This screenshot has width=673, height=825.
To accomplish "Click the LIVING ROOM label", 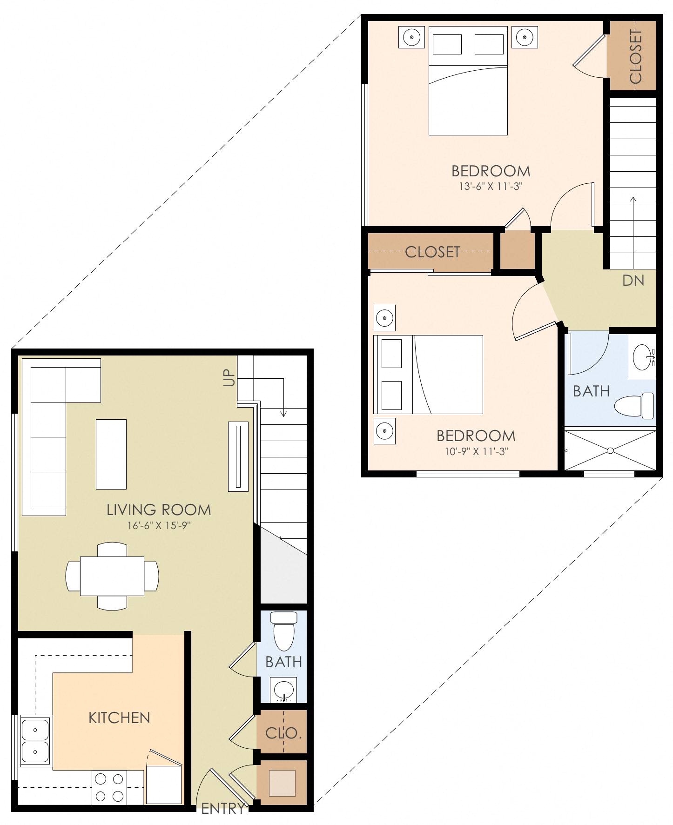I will [159, 510].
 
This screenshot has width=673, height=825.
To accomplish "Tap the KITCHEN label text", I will [119, 718].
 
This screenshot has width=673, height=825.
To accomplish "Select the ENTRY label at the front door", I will [222, 809].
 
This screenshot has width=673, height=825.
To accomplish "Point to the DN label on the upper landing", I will [633, 280].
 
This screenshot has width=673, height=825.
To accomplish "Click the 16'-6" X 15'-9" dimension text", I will [158, 526].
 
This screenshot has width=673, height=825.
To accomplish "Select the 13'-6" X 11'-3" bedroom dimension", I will [491, 187].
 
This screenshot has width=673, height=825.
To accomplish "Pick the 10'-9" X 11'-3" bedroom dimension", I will [476, 451].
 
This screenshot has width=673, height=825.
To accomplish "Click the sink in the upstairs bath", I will [643, 357].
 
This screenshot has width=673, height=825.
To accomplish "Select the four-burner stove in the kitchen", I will [110, 787].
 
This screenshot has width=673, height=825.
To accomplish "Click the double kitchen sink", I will [35, 741].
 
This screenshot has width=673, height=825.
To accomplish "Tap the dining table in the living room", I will [112, 576].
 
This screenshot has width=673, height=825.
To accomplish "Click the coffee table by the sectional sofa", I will [111, 454].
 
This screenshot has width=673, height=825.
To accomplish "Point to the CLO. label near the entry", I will [283, 733].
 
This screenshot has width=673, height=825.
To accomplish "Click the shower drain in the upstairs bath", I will [610, 450].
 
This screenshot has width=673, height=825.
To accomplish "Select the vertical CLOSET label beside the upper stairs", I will [635, 56].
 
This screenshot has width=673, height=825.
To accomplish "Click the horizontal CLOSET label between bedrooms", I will [432, 252].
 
